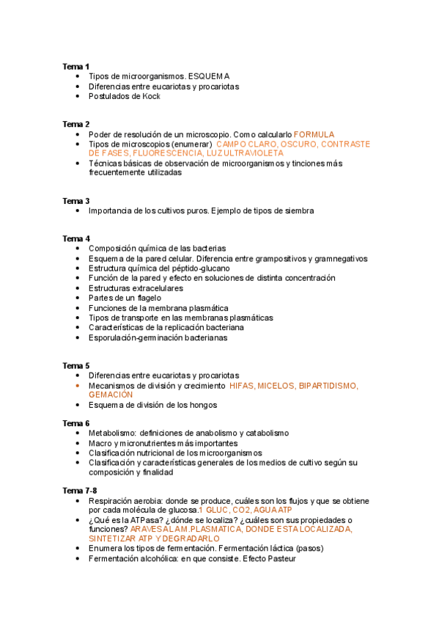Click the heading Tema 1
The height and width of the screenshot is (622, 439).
pos(75,66)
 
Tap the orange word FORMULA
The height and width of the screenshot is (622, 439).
pos(314,134)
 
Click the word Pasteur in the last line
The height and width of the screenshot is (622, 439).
pos(278,558)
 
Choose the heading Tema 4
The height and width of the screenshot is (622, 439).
pos(75,238)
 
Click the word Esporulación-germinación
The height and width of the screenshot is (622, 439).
pos(136,338)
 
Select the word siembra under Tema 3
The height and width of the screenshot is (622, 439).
pos(299,211)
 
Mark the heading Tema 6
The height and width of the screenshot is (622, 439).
pos(75,423)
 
